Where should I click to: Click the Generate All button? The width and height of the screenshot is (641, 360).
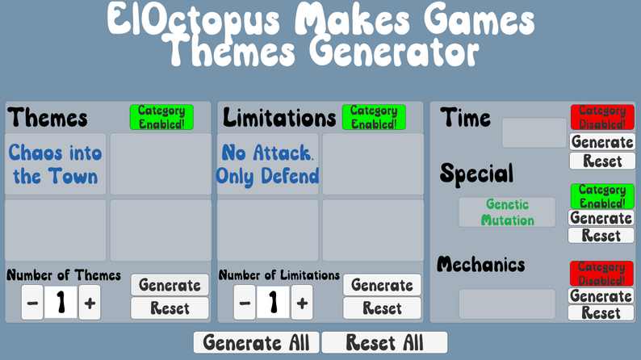click(x=256, y=342)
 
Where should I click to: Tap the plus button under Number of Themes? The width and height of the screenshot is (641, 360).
click(x=90, y=303)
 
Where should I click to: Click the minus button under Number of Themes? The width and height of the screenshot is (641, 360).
click(x=32, y=303)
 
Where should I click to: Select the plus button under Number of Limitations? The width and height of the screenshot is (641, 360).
click(x=302, y=303)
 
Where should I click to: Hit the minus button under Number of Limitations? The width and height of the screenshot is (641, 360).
click(x=245, y=303)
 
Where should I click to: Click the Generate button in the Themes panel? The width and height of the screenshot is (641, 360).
click(x=170, y=285)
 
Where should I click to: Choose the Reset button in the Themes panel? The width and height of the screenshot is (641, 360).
click(x=170, y=308)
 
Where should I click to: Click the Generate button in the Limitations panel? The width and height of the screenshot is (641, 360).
click(x=382, y=285)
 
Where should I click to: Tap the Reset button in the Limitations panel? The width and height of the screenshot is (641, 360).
click(x=382, y=308)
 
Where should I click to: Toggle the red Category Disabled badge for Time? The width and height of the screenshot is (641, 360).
click(x=602, y=117)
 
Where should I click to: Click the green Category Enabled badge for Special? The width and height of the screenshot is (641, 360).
click(x=601, y=196)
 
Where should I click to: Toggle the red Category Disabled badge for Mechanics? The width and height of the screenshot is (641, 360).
click(x=601, y=273)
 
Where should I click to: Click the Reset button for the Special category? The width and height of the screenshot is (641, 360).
click(x=601, y=236)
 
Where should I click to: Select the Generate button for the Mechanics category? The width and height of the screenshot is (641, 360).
click(x=601, y=295)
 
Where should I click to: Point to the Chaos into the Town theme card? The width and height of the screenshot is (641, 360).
click(x=56, y=165)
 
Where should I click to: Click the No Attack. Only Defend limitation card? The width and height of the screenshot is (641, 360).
click(x=268, y=165)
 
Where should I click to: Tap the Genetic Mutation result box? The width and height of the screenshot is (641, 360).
click(x=507, y=212)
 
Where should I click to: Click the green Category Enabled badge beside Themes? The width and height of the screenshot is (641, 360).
click(x=161, y=117)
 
